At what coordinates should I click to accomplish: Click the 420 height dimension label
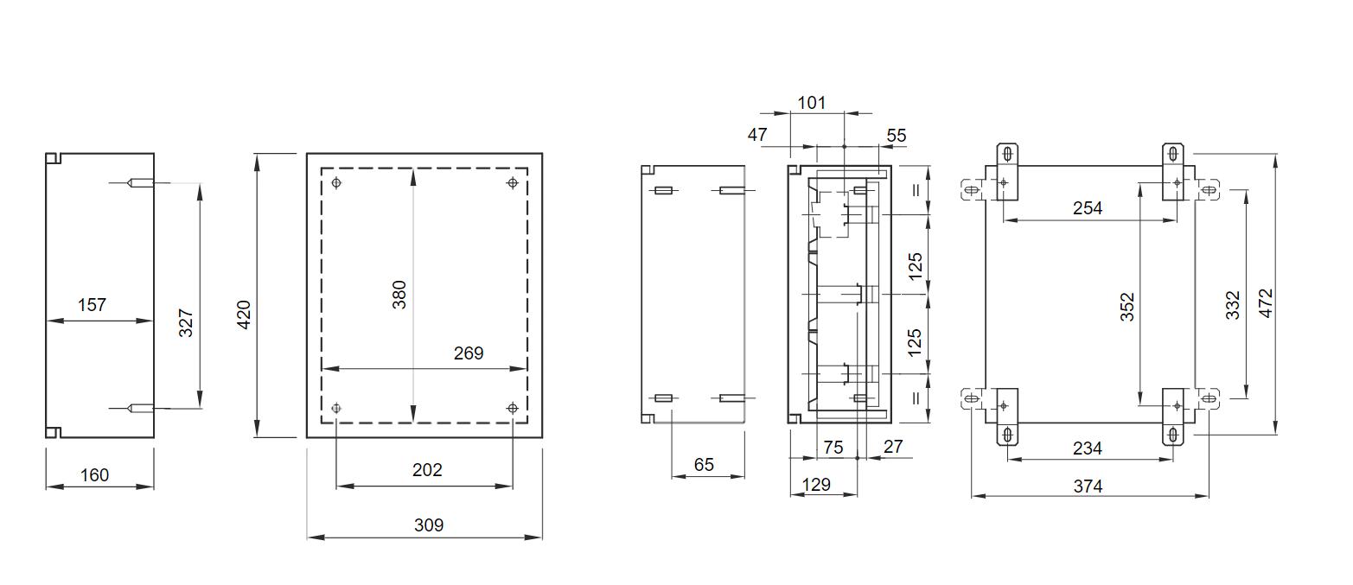click(244, 315)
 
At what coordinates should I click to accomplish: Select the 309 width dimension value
click(429, 525)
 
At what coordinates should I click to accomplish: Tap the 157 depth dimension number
click(92, 305)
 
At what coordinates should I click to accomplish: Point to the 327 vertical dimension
click(186, 323)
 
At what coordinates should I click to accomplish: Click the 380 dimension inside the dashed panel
click(399, 295)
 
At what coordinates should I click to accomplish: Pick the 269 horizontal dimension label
click(469, 353)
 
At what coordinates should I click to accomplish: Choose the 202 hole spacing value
click(427, 470)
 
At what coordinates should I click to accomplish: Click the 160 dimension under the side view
click(95, 475)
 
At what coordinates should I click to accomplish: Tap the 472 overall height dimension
click(1266, 303)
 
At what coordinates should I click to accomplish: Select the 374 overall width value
click(1088, 486)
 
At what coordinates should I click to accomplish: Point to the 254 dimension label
click(1088, 208)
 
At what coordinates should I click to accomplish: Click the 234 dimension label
click(1088, 448)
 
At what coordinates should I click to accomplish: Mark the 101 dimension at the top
click(811, 103)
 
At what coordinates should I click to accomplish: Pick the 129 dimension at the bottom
click(816, 484)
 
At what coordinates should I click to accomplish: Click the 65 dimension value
click(704, 464)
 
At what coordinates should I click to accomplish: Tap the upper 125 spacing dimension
click(915, 266)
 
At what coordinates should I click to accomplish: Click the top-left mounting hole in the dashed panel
click(336, 183)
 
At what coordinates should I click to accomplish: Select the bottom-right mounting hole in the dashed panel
click(513, 408)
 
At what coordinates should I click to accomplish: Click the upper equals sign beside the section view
click(916, 190)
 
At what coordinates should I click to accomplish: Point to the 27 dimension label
click(893, 447)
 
